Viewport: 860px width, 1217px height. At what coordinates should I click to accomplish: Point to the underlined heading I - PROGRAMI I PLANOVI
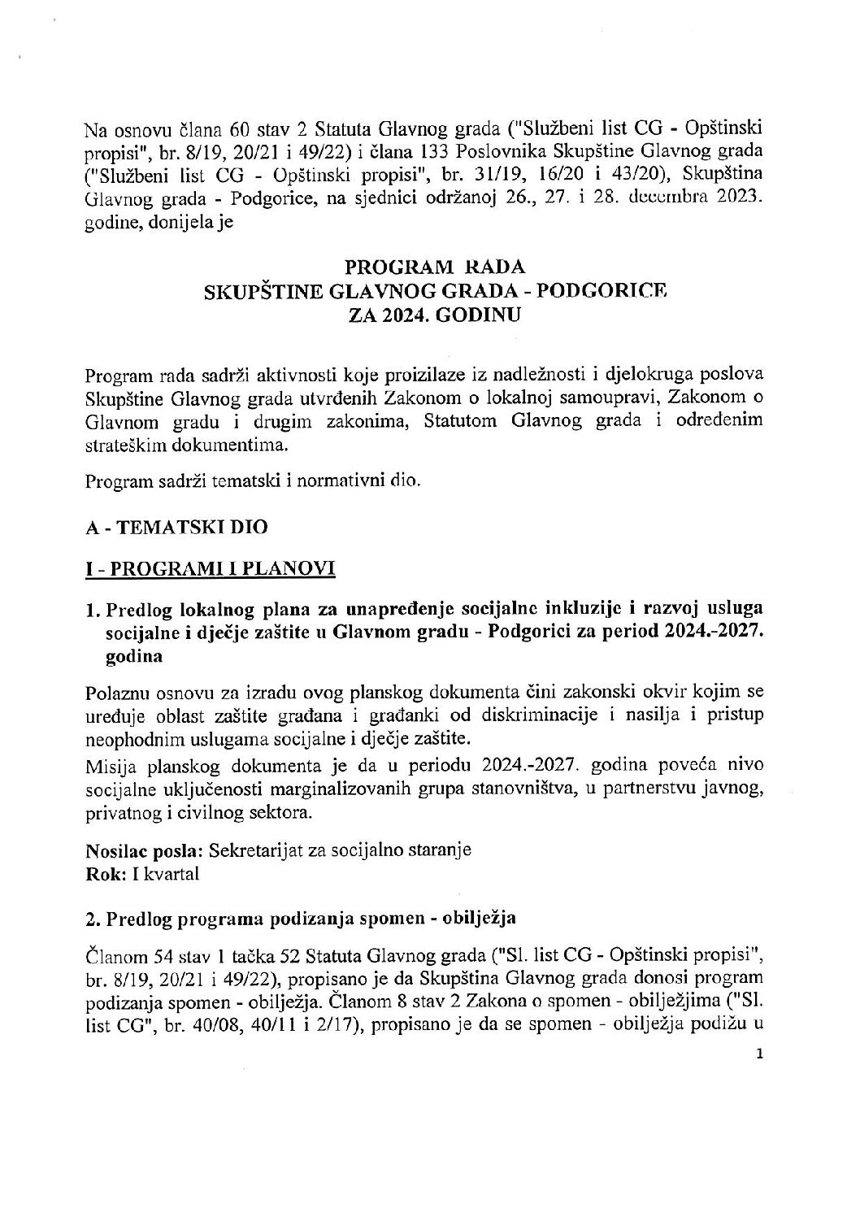211,569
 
